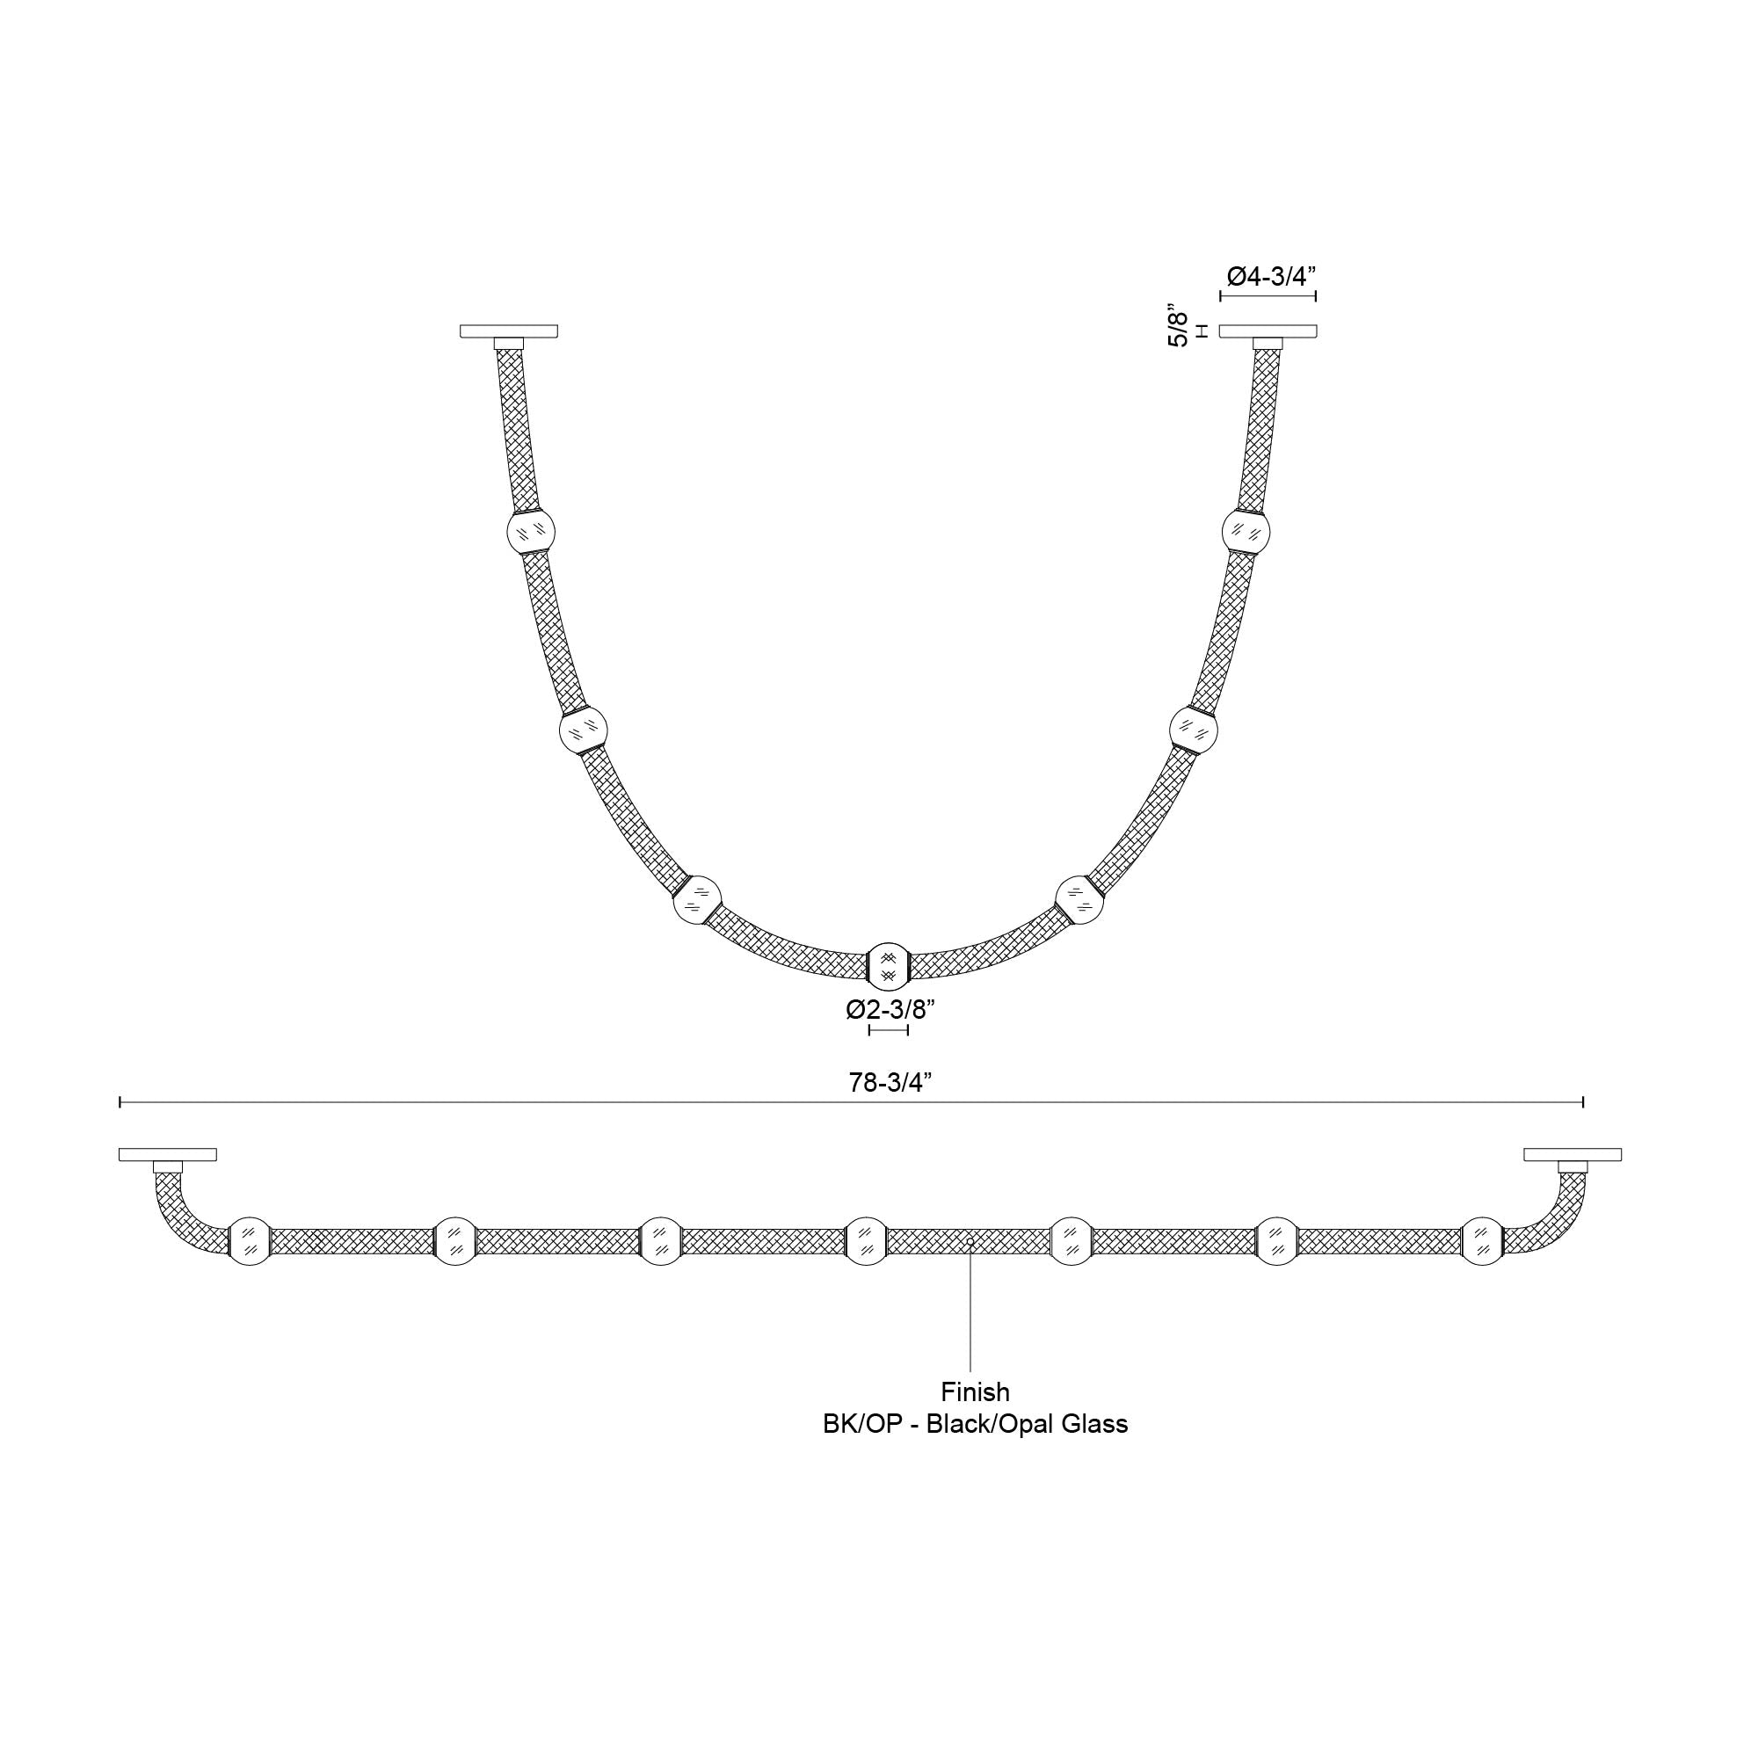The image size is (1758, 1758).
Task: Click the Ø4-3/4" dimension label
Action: coord(1270,277)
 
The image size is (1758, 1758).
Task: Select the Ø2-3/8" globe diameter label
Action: coord(890,1009)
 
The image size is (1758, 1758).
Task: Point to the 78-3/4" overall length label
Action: coord(890,1082)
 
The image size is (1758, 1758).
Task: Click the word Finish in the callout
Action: coord(975,1391)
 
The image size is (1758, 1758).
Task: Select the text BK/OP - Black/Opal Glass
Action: coord(975,1423)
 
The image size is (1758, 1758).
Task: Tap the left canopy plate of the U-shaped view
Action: coord(509,331)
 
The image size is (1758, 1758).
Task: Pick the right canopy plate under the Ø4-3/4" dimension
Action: coord(1268,331)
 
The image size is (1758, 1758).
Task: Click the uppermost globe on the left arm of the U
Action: coord(531,532)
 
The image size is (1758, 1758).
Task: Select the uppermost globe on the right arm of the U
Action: coord(1246,532)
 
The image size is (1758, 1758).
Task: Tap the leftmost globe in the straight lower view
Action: coord(250,1240)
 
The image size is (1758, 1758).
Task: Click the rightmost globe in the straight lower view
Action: coord(1482,1240)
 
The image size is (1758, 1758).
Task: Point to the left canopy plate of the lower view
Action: coord(167,1155)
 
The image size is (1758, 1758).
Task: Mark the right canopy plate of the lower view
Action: coord(1573,1155)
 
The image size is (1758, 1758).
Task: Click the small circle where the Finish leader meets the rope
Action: coord(971,1241)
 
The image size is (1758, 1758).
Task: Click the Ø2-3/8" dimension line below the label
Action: coord(889,1030)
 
